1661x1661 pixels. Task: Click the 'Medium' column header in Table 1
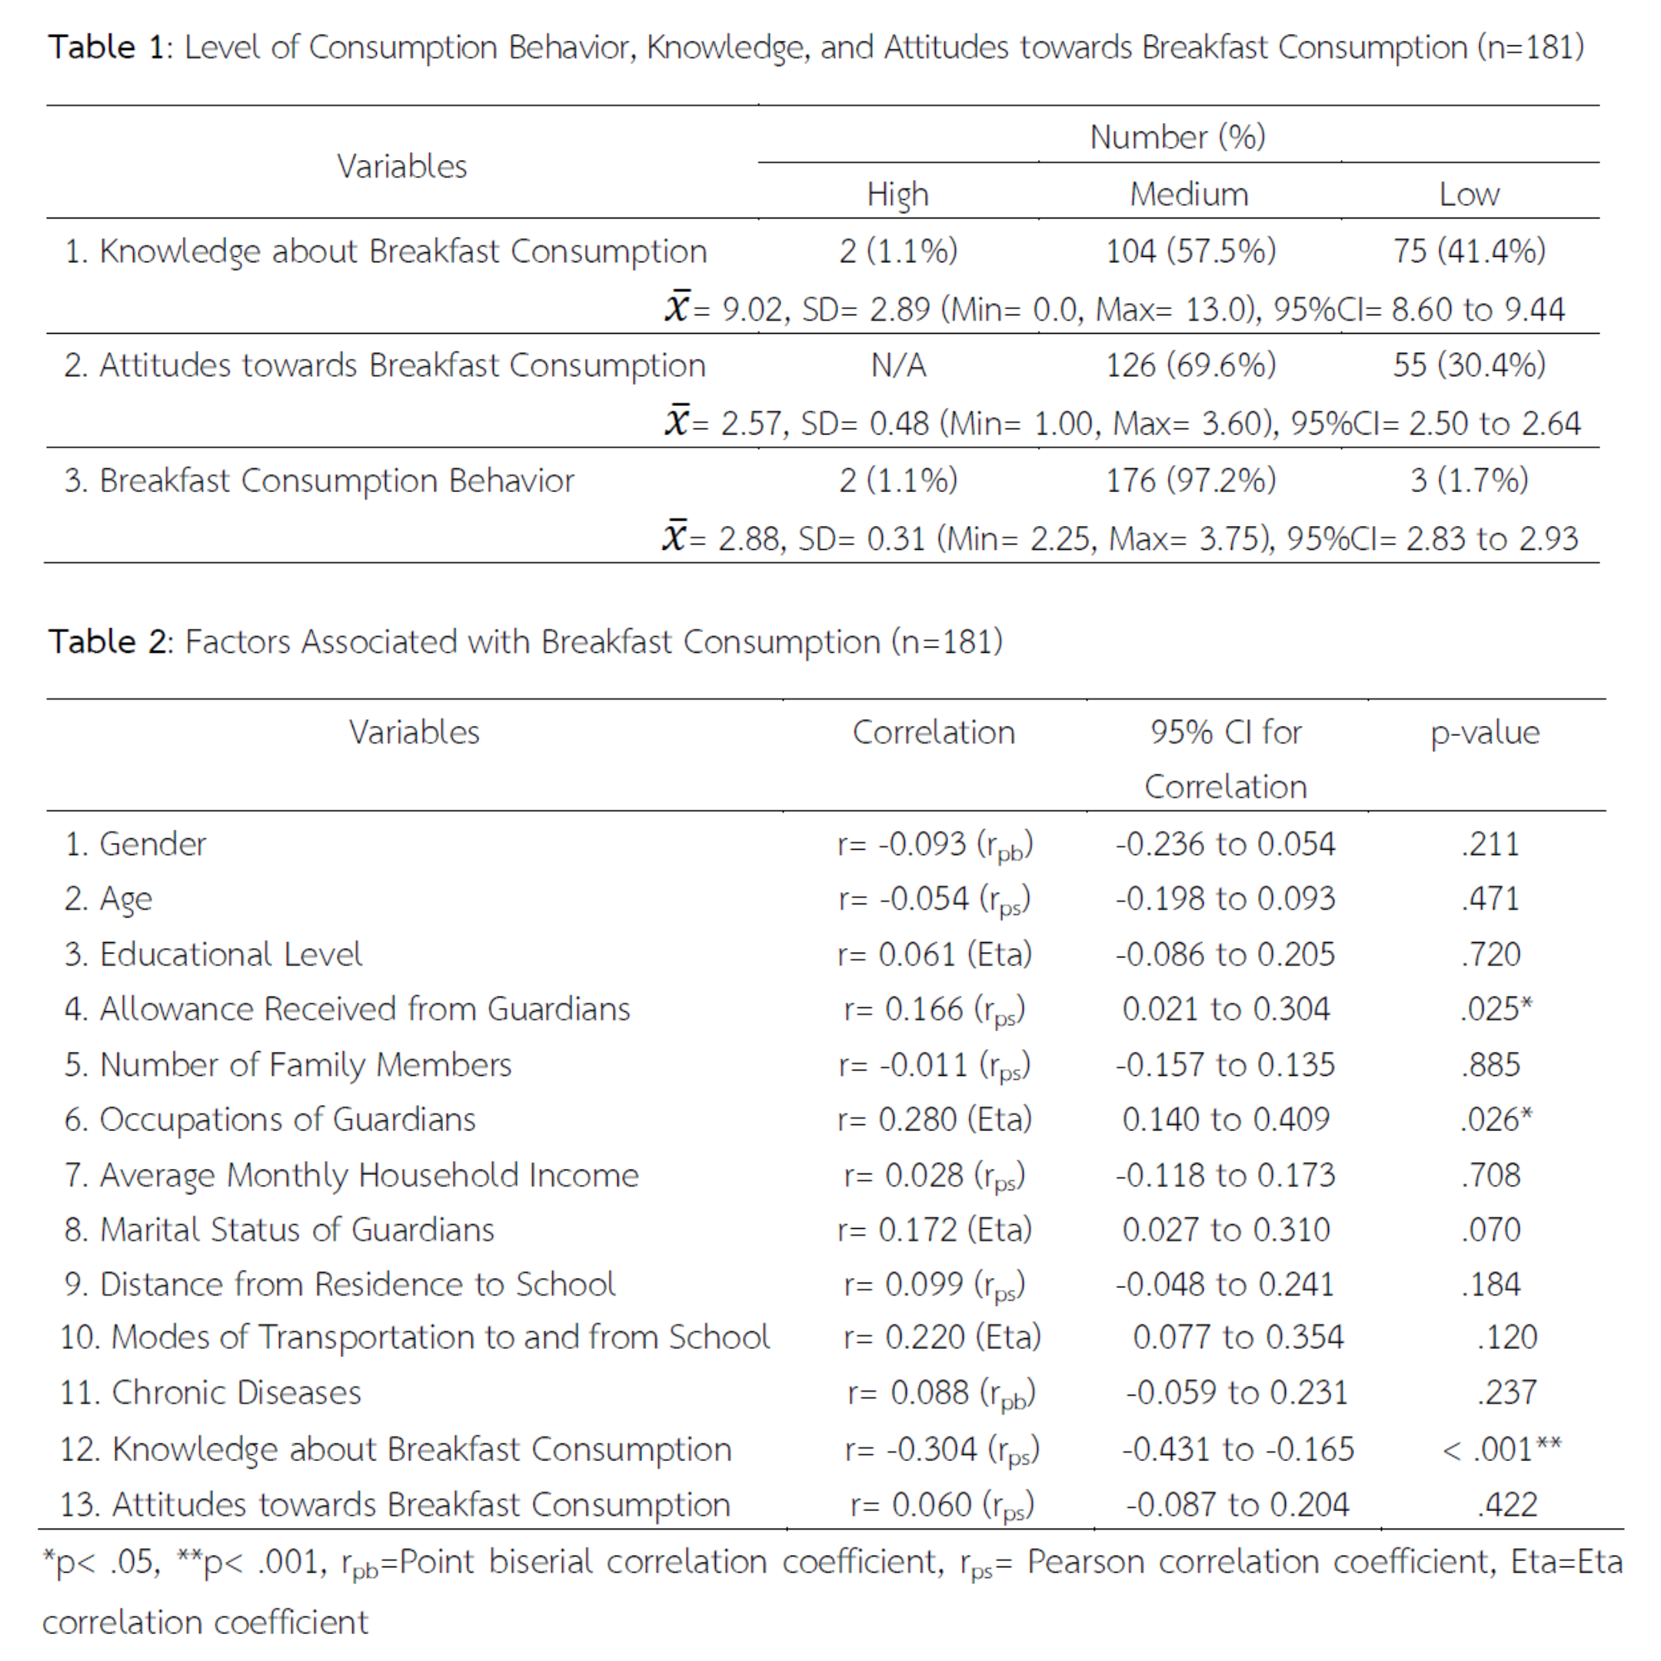click(1188, 195)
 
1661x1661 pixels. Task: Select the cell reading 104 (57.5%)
click(1190, 251)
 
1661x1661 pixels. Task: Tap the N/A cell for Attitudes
click(898, 365)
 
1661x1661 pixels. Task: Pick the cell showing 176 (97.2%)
click(1190, 480)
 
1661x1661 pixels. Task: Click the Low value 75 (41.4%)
click(1470, 251)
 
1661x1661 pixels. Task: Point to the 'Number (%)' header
click(1177, 137)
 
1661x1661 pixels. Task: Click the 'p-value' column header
click(1485, 733)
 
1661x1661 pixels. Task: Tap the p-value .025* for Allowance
click(1496, 1008)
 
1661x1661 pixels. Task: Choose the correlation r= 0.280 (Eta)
click(934, 1120)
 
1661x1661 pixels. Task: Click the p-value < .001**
click(1501, 1450)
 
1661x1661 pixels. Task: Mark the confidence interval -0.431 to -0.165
click(1237, 1450)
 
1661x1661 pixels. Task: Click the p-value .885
click(1491, 1064)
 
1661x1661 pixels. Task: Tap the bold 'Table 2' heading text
click(110, 642)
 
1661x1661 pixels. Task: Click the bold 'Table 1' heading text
click(110, 47)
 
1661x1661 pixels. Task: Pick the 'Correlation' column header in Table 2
click(934, 733)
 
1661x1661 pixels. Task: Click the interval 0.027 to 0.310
click(1226, 1230)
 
